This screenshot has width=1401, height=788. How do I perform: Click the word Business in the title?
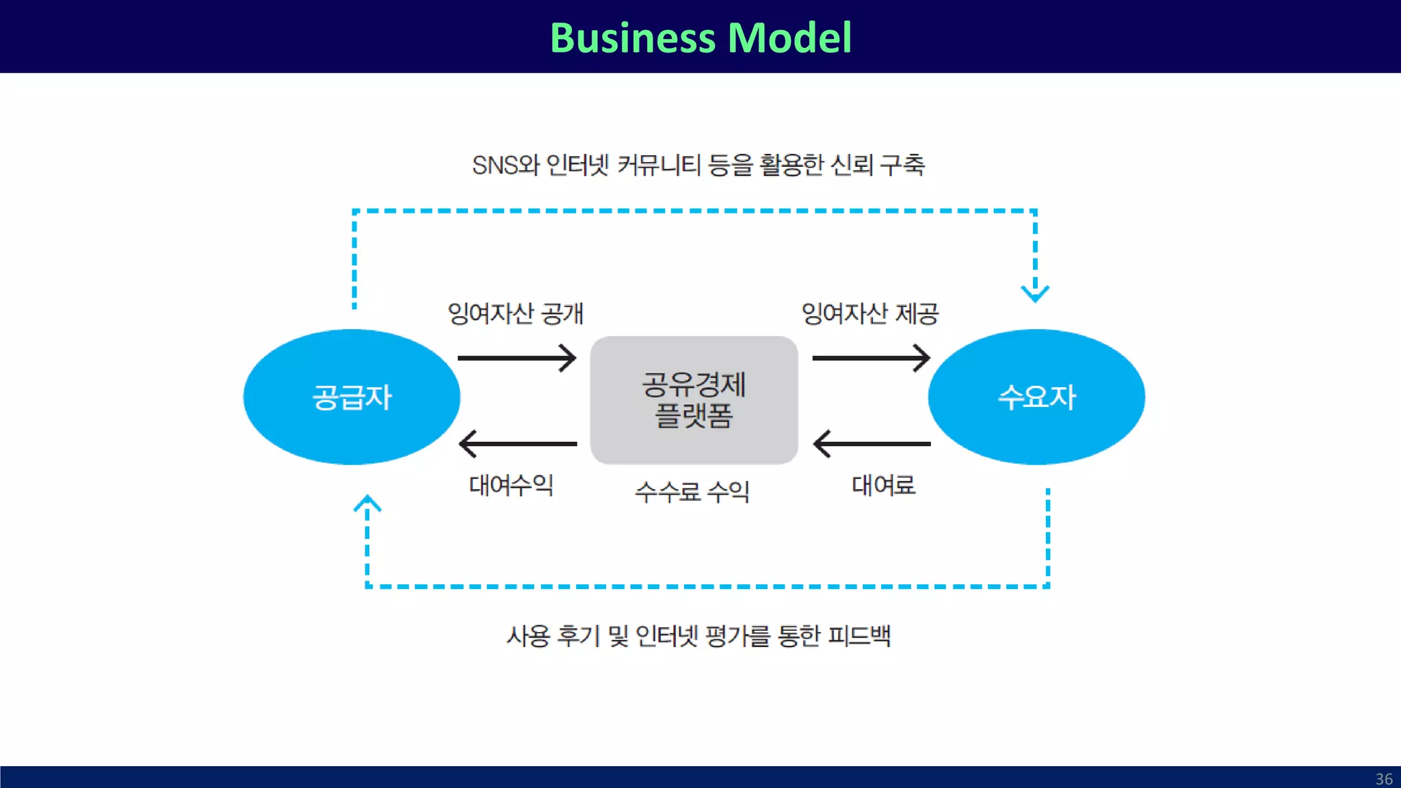click(632, 38)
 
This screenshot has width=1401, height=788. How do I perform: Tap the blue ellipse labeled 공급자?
click(352, 397)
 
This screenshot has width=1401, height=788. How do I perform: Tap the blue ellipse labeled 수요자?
click(1036, 397)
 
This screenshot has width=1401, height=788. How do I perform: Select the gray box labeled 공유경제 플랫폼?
click(694, 400)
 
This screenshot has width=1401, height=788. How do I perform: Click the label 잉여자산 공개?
click(515, 313)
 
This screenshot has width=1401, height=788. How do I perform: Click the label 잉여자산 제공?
click(869, 313)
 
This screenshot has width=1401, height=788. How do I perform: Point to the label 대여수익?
click(510, 485)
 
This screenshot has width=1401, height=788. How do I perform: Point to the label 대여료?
click(883, 485)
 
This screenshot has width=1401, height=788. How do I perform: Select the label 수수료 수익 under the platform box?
click(692, 491)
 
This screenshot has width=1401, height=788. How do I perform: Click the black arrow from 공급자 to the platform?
click(517, 358)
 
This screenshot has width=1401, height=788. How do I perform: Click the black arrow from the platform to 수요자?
click(871, 358)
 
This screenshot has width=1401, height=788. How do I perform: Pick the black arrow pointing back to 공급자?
click(517, 444)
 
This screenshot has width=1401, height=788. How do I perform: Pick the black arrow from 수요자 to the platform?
click(871, 444)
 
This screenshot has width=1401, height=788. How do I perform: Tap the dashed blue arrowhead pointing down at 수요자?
click(1035, 293)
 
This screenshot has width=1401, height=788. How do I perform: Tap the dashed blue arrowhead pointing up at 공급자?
click(367, 504)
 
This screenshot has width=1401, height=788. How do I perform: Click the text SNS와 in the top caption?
click(506, 165)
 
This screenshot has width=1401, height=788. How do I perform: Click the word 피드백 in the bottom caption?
click(859, 635)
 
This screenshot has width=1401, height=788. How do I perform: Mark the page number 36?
click(1384, 779)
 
